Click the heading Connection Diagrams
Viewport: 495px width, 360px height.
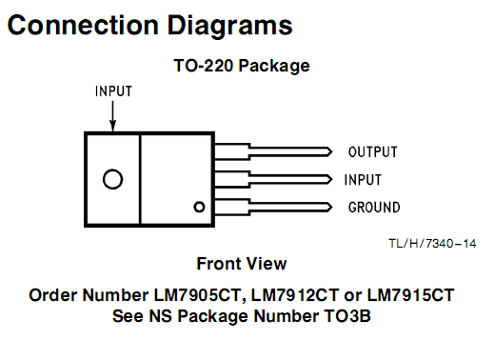149,26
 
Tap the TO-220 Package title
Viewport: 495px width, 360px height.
242,66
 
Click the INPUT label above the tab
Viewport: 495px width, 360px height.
113,91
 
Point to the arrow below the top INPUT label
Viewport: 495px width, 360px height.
112,116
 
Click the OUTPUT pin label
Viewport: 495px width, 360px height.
373,152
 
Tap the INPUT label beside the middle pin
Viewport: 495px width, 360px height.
363,180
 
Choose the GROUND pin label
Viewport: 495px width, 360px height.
374,208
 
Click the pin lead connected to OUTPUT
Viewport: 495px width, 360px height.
273,151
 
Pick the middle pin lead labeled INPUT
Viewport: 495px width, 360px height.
273,179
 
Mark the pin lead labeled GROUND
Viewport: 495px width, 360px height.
273,207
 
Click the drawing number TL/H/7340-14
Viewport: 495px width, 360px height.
432,244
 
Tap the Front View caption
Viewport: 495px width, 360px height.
242,264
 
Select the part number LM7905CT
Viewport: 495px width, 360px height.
197,295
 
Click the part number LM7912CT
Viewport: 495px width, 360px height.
295,295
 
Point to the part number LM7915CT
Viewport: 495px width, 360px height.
410,295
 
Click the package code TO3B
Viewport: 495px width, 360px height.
347,316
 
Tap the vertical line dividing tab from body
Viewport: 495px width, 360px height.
140,179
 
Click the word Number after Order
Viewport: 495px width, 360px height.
115,295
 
